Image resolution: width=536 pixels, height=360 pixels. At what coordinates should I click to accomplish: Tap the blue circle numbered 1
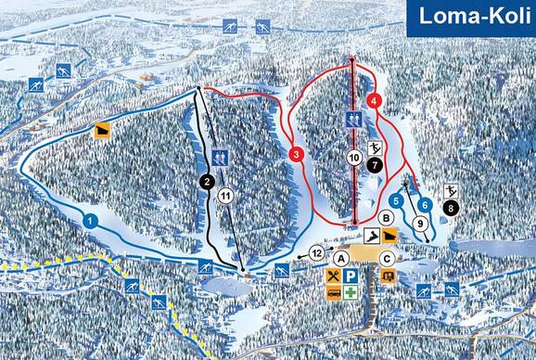[90, 220]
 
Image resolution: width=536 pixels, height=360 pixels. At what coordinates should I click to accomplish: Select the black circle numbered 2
[207, 182]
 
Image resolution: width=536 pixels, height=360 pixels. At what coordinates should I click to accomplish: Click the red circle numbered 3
[296, 154]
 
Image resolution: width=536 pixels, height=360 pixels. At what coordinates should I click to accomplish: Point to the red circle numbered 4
[374, 99]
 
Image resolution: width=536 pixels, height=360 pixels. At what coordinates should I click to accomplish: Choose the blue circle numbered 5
[397, 199]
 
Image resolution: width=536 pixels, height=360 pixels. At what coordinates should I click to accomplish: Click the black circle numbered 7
[374, 164]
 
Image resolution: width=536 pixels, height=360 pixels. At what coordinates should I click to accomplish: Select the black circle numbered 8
[452, 209]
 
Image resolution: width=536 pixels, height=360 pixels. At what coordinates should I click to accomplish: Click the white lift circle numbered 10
[354, 158]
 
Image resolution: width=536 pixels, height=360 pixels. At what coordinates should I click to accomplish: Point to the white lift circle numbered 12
[316, 252]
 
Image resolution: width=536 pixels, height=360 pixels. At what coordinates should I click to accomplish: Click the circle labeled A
[342, 258]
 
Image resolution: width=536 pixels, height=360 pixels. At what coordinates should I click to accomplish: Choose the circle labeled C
[387, 258]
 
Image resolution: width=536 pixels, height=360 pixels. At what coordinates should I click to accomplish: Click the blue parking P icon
[351, 276]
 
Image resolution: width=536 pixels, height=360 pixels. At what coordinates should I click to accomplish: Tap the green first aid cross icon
[351, 292]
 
